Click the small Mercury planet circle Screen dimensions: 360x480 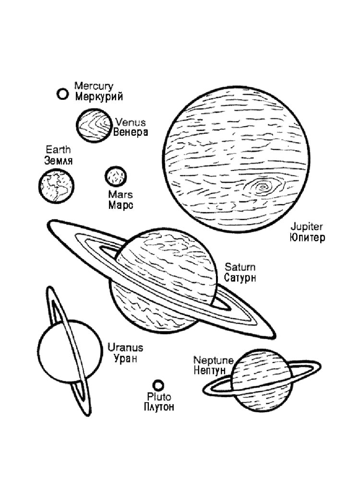(62, 94)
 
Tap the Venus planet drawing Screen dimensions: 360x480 (94, 125)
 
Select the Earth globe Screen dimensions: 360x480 (56, 186)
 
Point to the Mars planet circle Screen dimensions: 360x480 (115, 176)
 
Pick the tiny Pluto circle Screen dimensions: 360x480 (158, 385)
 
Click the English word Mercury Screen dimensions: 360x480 (94, 86)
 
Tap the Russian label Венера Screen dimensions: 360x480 (131, 132)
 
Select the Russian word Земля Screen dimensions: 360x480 (59, 160)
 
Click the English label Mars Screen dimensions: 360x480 (120, 194)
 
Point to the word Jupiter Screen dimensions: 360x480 (306, 227)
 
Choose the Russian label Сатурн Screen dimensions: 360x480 (240, 277)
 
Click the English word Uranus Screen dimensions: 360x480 (125, 348)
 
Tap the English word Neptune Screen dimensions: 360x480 (214, 360)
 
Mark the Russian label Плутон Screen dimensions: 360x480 (159, 407)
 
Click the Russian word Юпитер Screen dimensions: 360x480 (307, 238)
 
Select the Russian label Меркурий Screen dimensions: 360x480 (99, 96)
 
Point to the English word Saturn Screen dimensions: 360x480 (240, 267)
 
